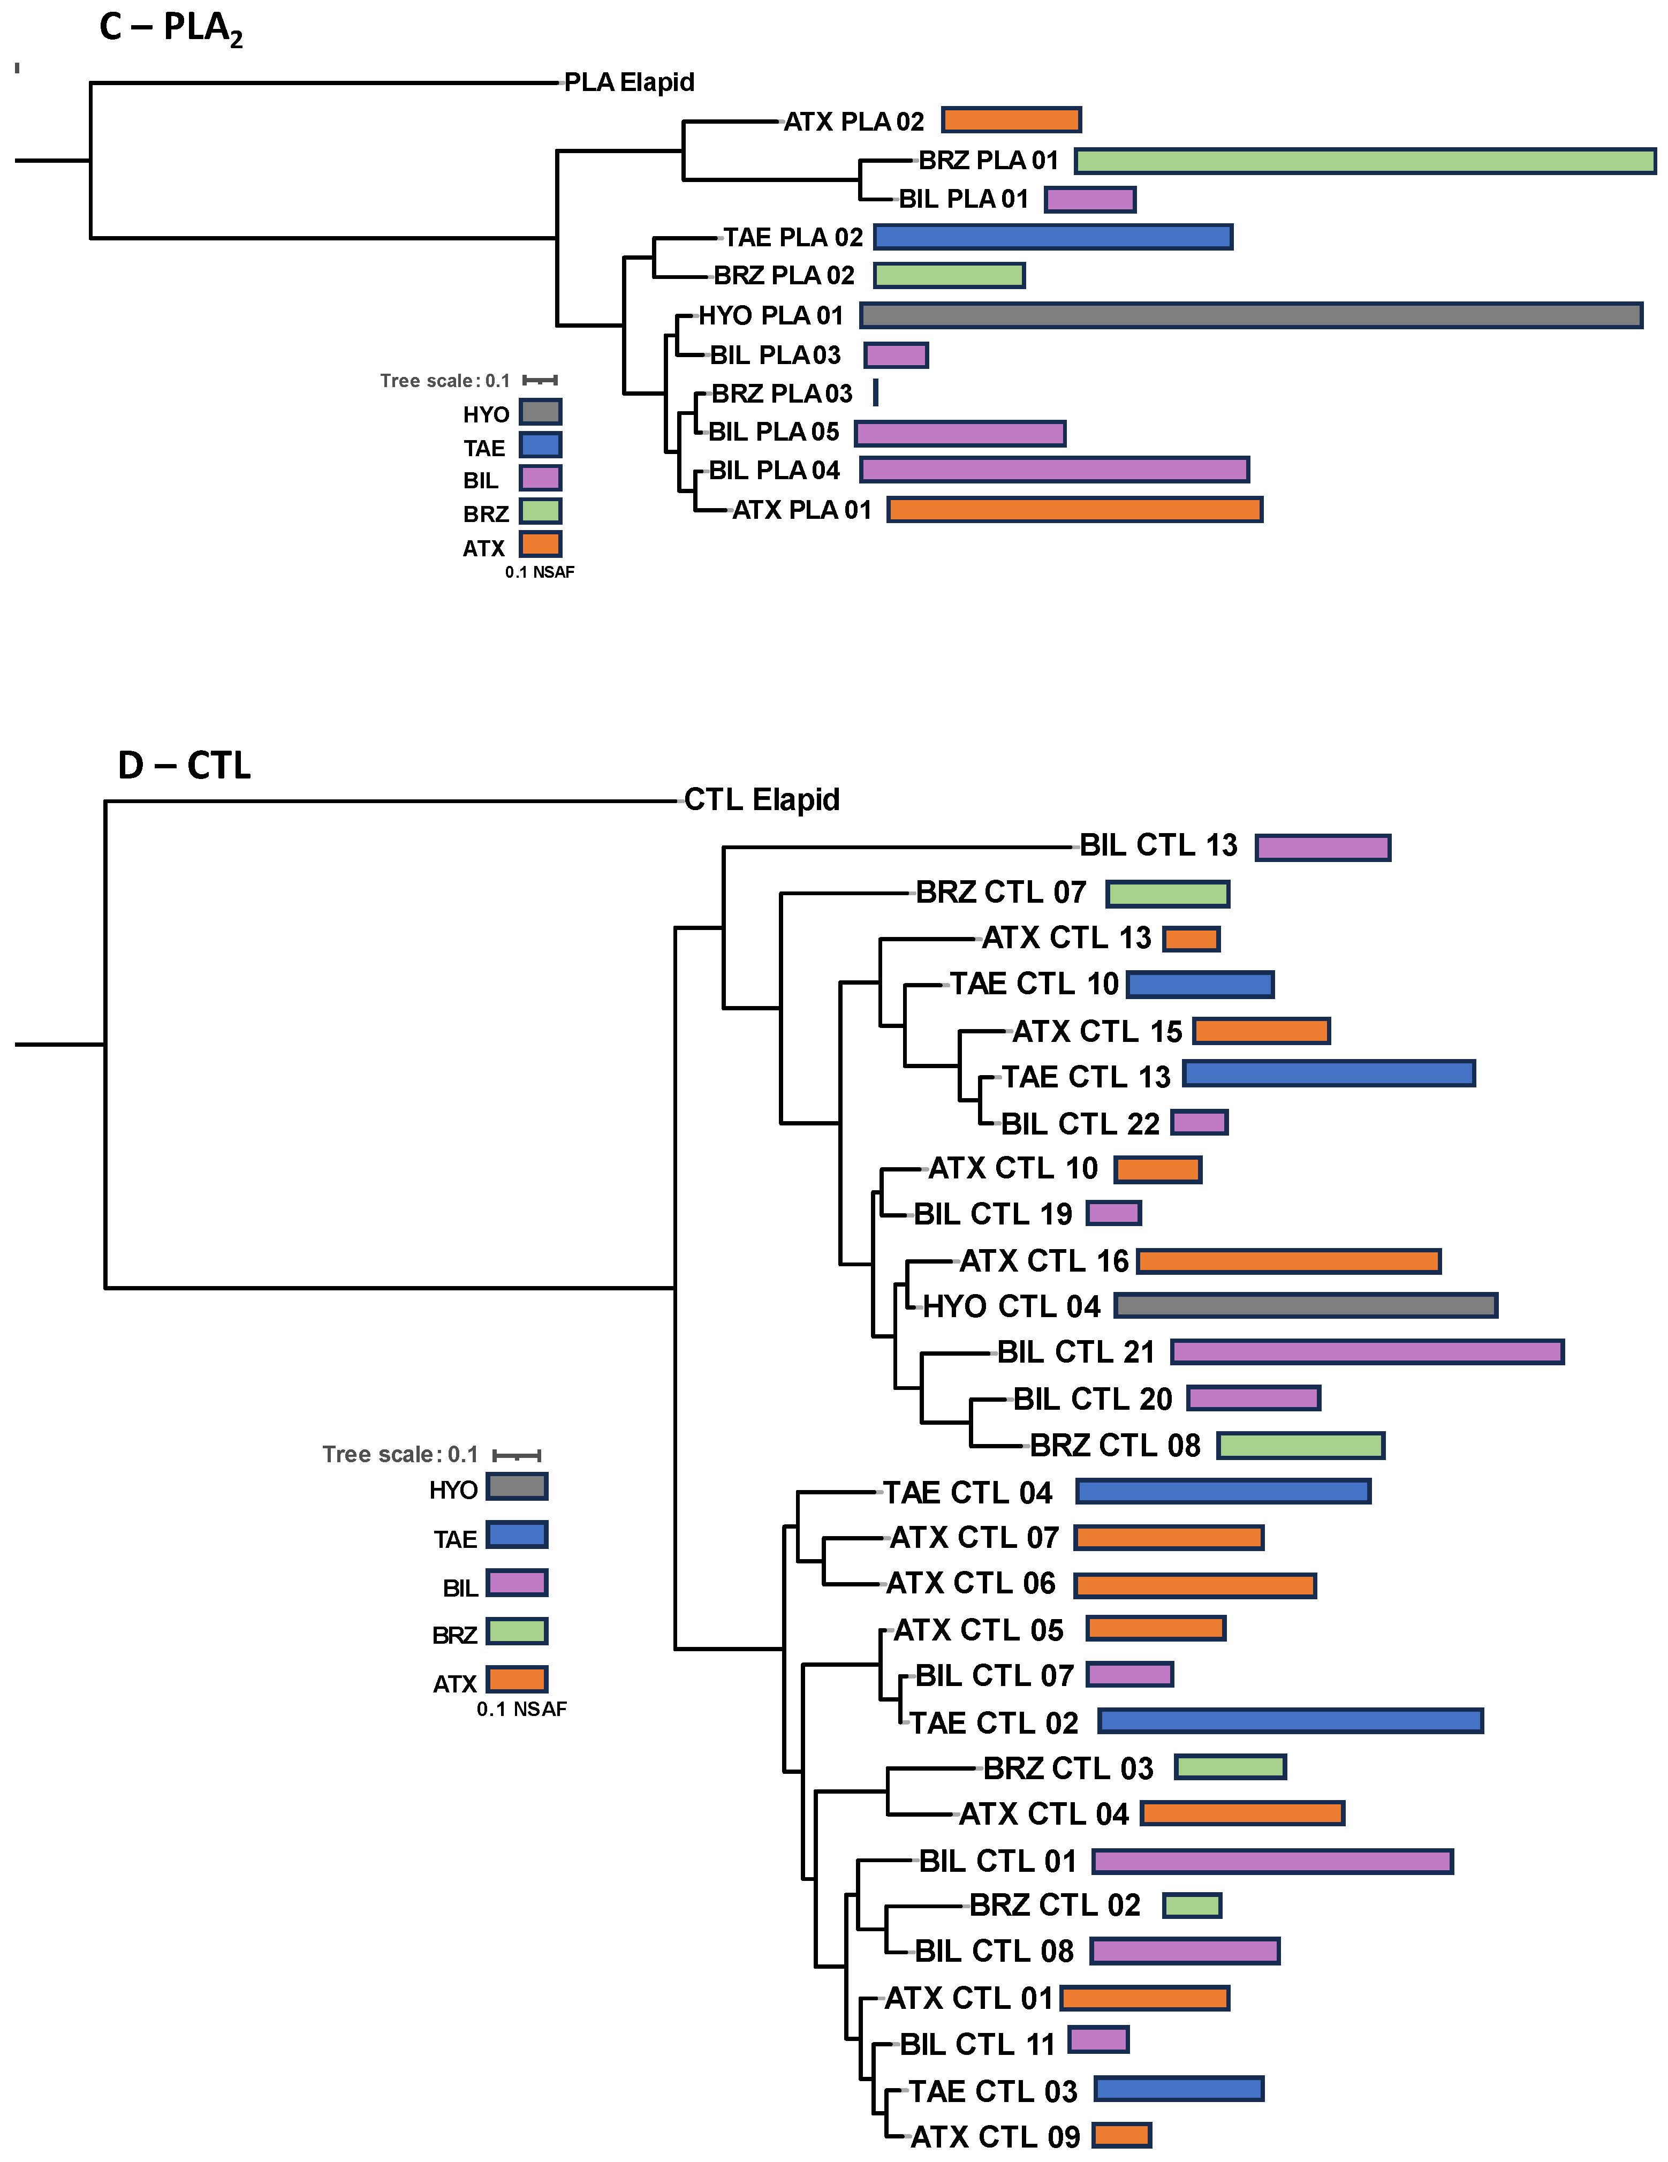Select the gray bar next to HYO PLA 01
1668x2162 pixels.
1250,316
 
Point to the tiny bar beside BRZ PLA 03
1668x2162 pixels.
875,393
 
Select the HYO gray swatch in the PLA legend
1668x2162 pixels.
541,412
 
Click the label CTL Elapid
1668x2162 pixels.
761,800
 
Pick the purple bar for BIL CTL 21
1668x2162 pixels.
1367,1352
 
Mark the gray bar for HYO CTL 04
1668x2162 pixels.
1306,1306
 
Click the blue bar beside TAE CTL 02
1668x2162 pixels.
1290,1721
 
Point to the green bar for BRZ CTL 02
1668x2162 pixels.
1192,1906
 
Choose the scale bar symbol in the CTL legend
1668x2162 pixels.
517,1455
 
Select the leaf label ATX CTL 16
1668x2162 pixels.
1043,1261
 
